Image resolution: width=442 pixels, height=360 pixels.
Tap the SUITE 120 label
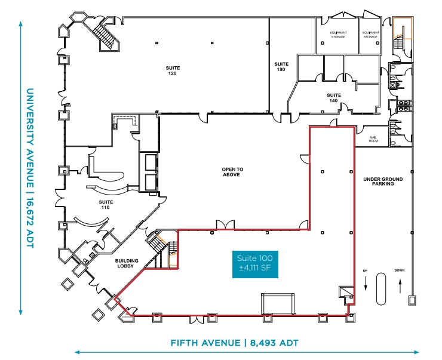(173, 70)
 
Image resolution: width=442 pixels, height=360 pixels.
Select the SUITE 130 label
(281, 66)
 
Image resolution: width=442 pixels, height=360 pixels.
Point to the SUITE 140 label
(333, 97)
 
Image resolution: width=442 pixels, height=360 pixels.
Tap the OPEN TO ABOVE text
(232, 172)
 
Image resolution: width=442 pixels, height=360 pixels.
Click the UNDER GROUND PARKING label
(383, 181)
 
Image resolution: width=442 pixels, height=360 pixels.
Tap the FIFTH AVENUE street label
(234, 343)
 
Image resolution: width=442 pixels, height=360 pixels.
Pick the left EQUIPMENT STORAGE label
(338, 35)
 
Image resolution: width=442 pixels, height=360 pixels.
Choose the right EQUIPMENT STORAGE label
(370, 35)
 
